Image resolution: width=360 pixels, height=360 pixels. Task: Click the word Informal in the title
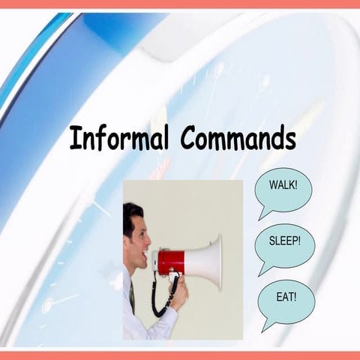119,139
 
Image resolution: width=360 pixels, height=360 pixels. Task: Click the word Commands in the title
238,139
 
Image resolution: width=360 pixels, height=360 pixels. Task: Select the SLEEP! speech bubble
285,242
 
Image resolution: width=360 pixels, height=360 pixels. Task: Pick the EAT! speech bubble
286,297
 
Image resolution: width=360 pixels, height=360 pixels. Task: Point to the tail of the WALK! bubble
264,213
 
